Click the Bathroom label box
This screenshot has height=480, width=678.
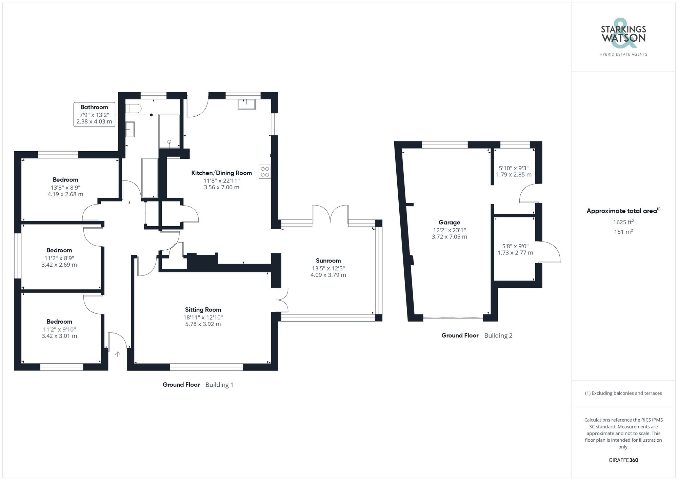(94, 114)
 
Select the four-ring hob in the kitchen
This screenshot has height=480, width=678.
(265, 172)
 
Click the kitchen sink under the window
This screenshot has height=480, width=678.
(246, 104)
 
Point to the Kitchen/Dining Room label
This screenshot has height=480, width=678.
(221, 173)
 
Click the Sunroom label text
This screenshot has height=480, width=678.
(328, 261)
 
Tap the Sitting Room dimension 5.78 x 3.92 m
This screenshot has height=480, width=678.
(203, 324)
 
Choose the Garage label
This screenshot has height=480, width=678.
(449, 223)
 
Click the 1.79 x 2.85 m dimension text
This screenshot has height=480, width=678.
(514, 175)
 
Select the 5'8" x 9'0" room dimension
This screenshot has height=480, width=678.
(515, 246)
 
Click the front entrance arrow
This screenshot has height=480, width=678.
(118, 354)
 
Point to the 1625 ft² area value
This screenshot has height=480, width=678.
(623, 222)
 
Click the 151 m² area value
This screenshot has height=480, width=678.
(623, 232)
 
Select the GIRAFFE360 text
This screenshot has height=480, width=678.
(623, 460)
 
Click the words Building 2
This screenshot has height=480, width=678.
(498, 335)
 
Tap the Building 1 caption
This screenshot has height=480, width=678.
(219, 385)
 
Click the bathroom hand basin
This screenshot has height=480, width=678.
(130, 129)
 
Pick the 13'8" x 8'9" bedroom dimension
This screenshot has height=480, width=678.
(65, 188)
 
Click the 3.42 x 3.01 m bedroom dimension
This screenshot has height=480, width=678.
(59, 336)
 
